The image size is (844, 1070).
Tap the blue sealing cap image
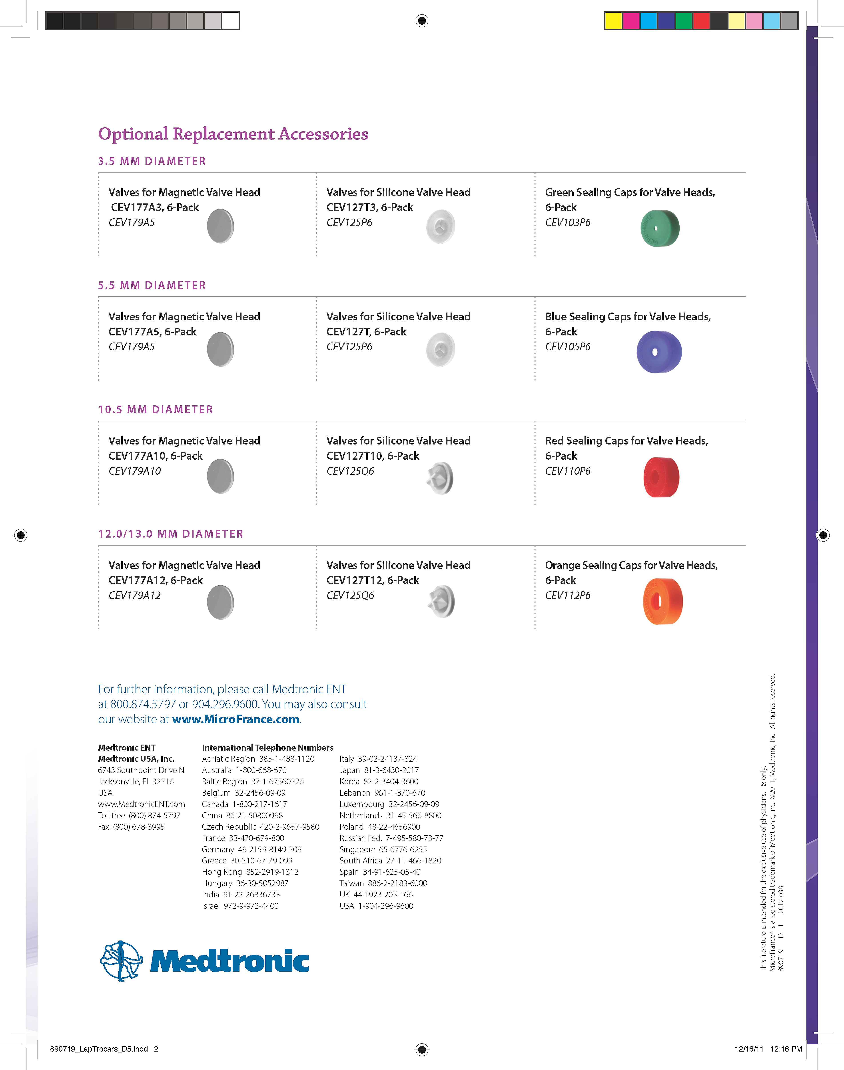(659, 352)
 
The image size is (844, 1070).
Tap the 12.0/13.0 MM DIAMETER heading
(170, 534)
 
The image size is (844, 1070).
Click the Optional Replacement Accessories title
(233, 134)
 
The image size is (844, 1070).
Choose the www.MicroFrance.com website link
(236, 719)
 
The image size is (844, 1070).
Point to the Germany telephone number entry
(251, 849)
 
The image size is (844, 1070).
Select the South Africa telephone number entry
(390, 861)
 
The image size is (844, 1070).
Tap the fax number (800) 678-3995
(131, 827)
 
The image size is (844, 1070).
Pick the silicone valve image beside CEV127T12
(440, 602)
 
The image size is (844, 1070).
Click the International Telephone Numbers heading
(267, 747)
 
